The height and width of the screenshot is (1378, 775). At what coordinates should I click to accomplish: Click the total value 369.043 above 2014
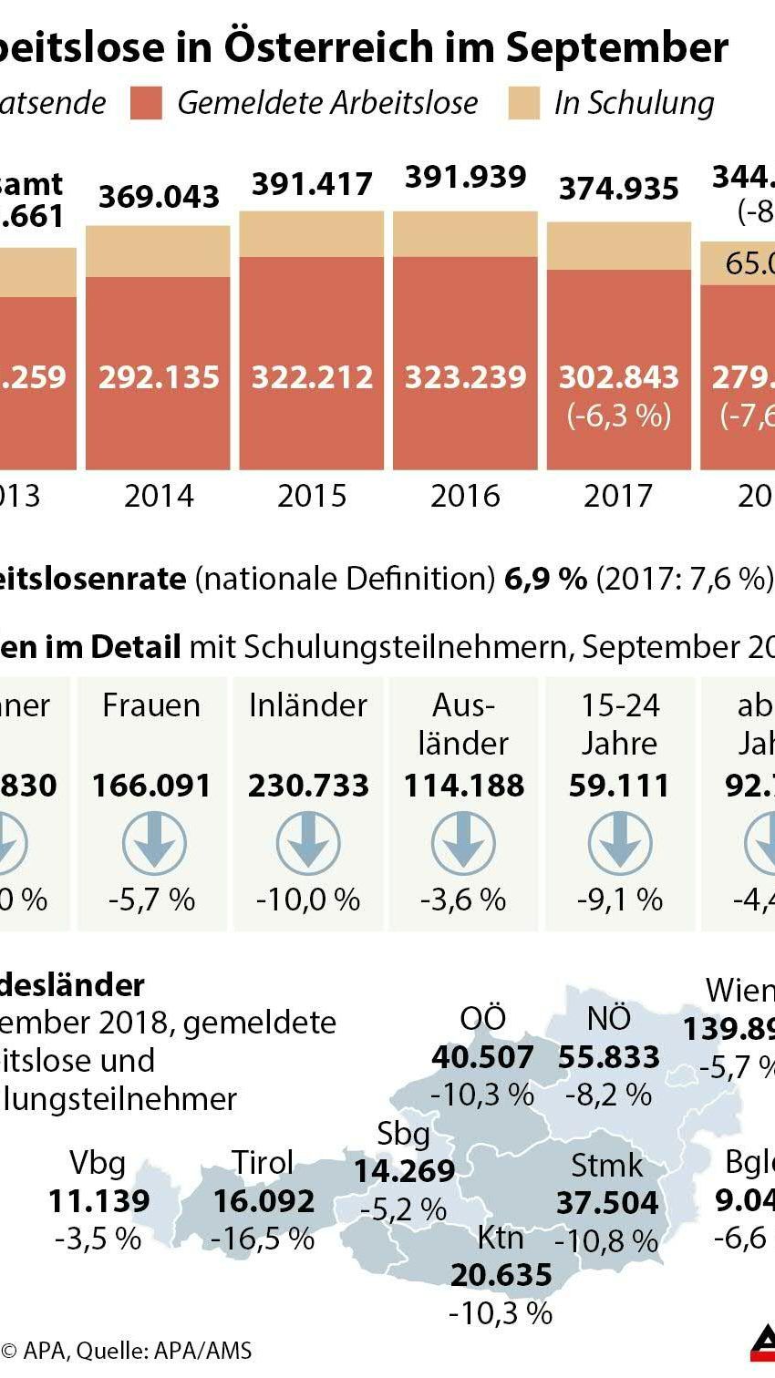159,196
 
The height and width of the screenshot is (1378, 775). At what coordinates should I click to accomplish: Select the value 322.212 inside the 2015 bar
312,376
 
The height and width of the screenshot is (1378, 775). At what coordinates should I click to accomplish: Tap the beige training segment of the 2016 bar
465,233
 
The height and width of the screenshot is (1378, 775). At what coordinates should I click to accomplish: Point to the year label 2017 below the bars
618,496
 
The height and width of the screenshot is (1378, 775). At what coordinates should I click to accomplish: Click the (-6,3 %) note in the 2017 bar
618,416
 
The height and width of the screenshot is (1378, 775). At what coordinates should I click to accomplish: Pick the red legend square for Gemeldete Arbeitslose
146,103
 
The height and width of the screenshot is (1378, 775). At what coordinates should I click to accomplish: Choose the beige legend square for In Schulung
523,103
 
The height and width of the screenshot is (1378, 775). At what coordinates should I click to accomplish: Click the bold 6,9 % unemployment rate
545,578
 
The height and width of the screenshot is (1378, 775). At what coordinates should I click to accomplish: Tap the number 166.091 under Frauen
151,785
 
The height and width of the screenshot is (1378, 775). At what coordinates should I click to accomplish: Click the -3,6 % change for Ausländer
463,900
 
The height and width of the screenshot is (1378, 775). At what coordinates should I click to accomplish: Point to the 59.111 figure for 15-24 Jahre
619,785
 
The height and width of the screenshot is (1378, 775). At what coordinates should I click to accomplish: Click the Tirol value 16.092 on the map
263,1200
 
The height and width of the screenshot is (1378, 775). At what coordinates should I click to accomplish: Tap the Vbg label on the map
98,1163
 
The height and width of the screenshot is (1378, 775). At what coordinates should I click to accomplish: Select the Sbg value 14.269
404,1170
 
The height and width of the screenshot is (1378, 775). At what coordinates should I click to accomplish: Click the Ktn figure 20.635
501,1274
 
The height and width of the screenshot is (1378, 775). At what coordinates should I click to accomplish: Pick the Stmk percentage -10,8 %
606,1240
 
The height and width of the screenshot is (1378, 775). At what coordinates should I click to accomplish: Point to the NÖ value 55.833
608,1056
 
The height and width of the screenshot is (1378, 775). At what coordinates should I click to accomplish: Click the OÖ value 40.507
482,1056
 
